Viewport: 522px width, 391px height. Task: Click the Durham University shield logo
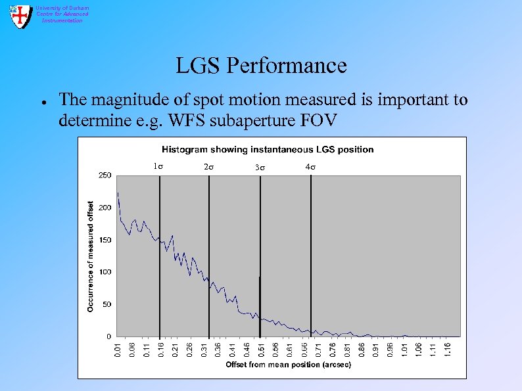(21, 16)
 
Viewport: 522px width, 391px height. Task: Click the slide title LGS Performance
(260, 66)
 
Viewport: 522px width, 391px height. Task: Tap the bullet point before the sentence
(41, 103)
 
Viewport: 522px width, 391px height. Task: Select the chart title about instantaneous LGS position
(268, 149)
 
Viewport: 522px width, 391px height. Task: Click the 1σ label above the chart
(158, 167)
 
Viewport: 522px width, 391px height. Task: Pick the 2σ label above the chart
(208, 168)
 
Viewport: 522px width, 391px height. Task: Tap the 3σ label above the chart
(260, 168)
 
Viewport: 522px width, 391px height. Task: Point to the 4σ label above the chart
(310, 167)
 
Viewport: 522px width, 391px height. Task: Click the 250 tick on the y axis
(105, 175)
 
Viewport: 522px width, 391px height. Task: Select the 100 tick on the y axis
(105, 272)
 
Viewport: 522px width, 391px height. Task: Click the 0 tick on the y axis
(109, 336)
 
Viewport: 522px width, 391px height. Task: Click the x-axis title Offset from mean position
(288, 365)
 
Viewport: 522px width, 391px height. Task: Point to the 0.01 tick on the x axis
(116, 348)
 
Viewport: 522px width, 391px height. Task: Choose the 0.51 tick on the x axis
(261, 348)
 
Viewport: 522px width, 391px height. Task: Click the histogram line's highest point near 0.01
(118, 193)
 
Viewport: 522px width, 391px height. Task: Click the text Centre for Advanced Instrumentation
(62, 14)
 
